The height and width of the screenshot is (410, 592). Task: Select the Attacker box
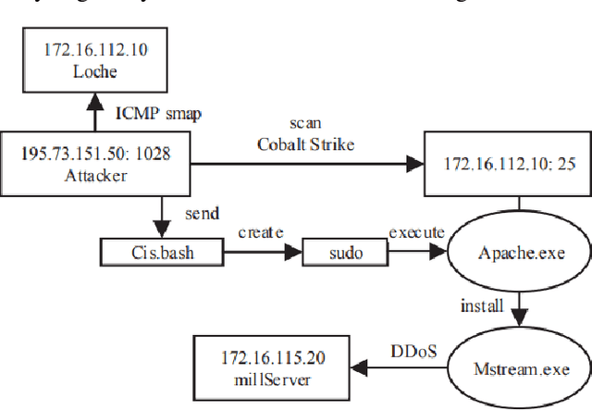click(x=83, y=162)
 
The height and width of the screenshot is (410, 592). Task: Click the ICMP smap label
click(x=156, y=114)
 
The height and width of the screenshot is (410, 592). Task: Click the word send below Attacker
click(x=203, y=214)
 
